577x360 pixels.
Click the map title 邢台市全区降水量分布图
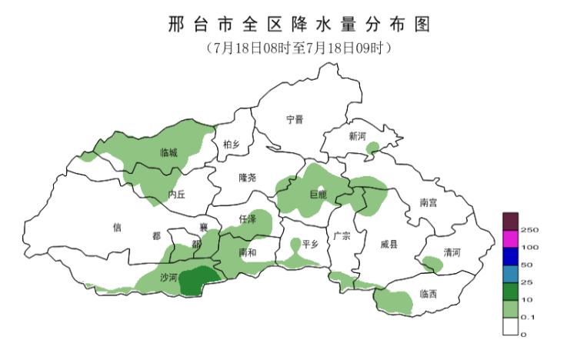[x=298, y=25]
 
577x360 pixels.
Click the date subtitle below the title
[x=298, y=48]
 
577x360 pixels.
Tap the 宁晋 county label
[x=295, y=119]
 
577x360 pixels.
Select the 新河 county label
[x=357, y=136]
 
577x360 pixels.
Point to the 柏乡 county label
[x=232, y=145]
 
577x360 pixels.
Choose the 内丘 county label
[x=177, y=195]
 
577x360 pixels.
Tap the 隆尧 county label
[x=247, y=178]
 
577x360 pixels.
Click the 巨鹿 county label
[x=318, y=195]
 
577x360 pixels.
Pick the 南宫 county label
[x=429, y=203]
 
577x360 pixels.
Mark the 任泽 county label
[x=248, y=220]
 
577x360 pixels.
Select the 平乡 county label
[x=310, y=245]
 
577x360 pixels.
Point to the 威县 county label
[x=389, y=245]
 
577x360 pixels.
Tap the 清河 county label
[x=452, y=253]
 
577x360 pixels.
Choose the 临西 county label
[x=429, y=294]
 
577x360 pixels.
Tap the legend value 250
[x=529, y=230]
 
